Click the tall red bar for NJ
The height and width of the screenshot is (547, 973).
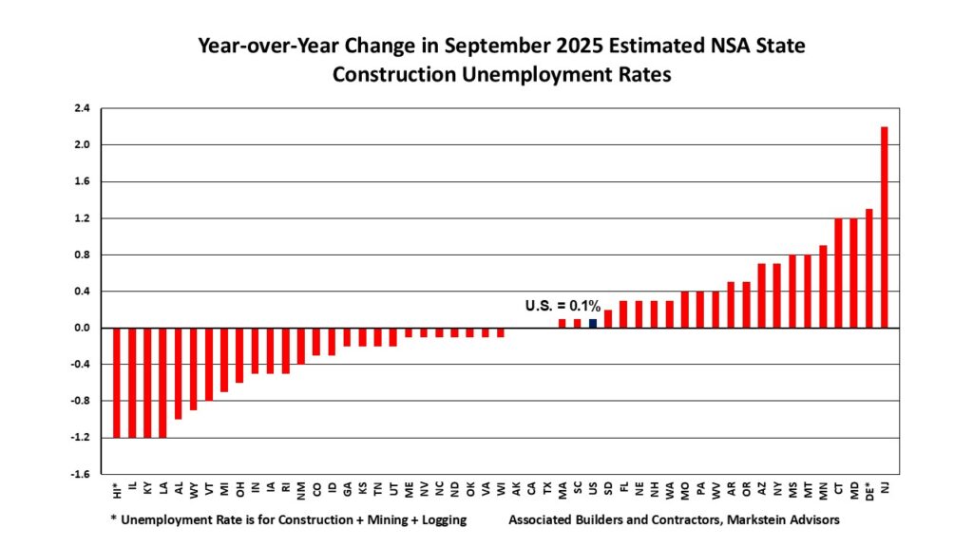tap(885, 227)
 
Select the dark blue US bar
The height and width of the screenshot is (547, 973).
tap(592, 323)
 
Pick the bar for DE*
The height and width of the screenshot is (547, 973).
tap(868, 268)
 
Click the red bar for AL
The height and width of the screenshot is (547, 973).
tap(179, 373)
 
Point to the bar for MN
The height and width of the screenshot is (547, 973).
tap(823, 286)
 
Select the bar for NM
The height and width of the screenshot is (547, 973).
tap(301, 346)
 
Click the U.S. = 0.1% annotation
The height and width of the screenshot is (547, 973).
tap(563, 306)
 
